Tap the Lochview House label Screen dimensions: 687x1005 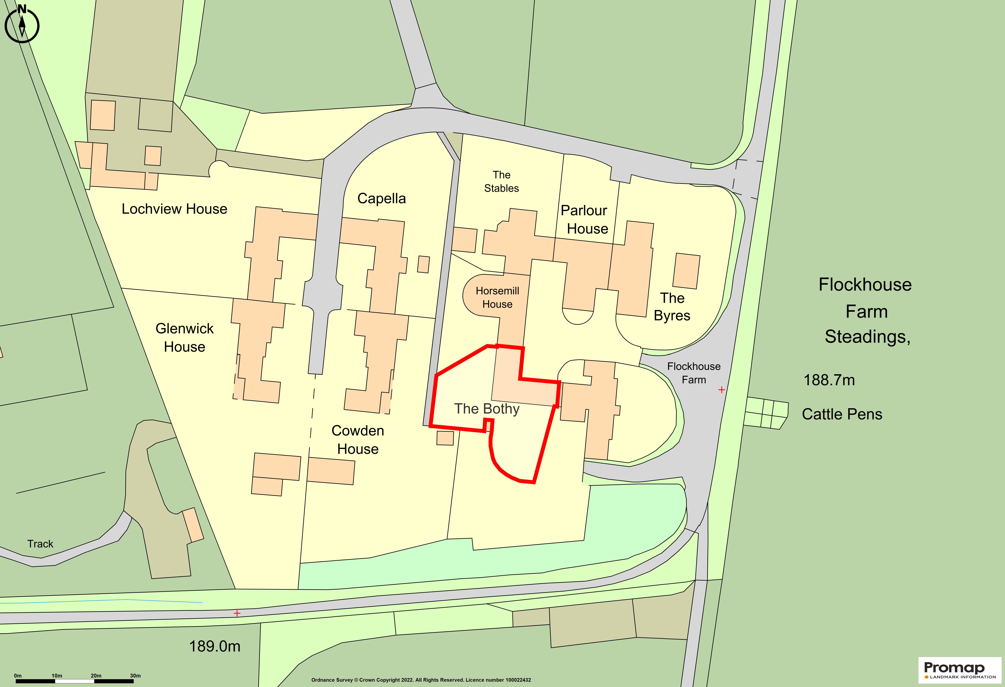tap(174, 209)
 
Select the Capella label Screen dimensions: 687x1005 tap(381, 198)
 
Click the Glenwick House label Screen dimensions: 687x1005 tap(185, 338)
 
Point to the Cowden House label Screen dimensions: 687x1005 tap(358, 440)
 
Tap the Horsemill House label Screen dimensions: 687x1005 tap(497, 297)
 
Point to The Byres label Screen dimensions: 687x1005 tap(672, 307)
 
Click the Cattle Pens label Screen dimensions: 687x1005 tap(841, 414)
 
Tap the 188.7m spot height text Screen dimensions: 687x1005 tap(829, 380)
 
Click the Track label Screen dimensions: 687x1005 tap(40, 544)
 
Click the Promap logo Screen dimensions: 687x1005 tap(959, 669)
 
